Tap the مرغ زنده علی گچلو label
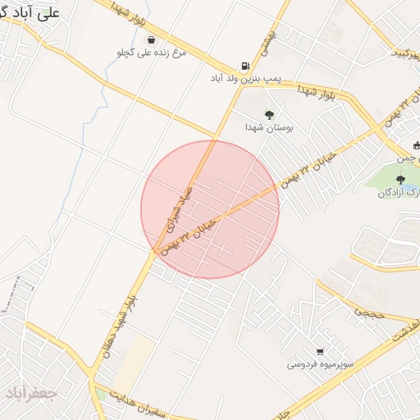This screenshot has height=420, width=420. pyautogui.click(x=152, y=52)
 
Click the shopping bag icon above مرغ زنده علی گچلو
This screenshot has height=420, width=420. pyautogui.click(x=151, y=39)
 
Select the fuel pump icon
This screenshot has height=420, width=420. pyautogui.click(x=244, y=67)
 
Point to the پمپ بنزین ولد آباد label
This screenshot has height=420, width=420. pyautogui.click(x=245, y=80)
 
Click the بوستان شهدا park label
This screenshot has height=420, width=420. pyautogui.click(x=269, y=127)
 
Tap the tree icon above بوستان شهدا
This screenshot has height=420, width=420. pyautogui.click(x=269, y=114)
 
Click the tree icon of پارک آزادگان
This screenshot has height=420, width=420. pyautogui.click(x=400, y=180)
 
